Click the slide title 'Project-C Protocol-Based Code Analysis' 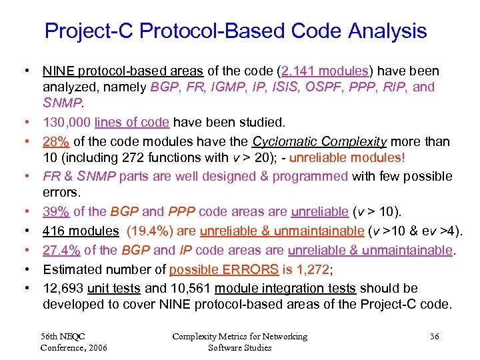(235, 31)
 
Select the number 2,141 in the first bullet (300, 71)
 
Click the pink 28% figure (55, 142)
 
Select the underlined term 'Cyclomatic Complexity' (319, 142)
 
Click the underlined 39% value (56, 212)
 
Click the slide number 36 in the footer (434, 337)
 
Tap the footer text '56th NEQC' (63, 337)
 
